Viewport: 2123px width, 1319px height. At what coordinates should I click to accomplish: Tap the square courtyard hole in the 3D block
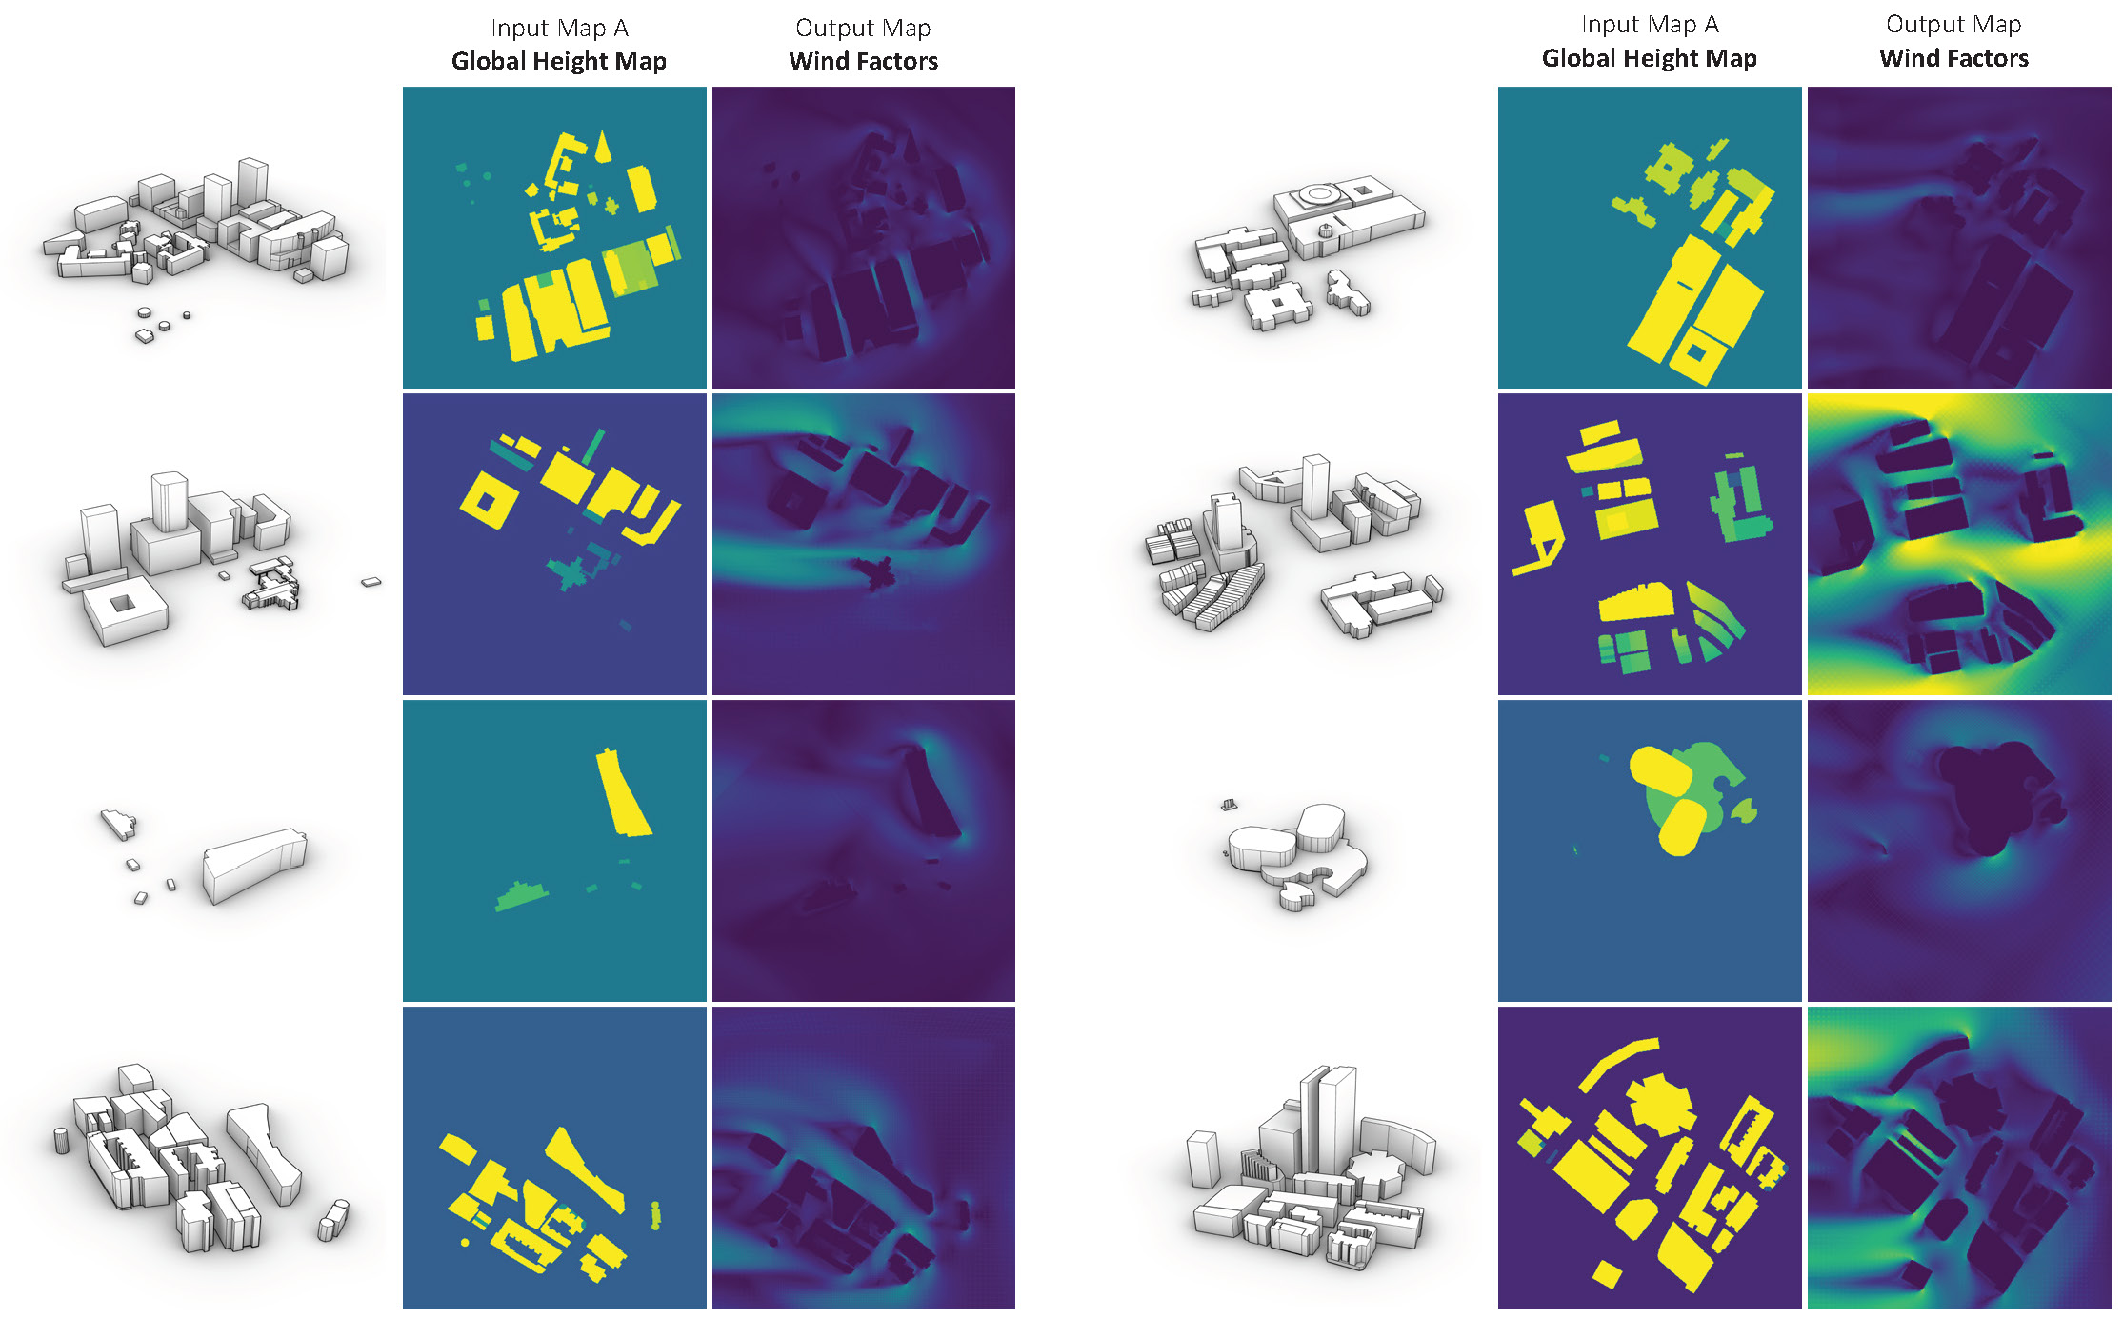122,603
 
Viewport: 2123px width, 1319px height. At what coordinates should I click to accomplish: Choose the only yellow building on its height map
623,792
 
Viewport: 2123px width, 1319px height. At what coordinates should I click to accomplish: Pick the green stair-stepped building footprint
520,895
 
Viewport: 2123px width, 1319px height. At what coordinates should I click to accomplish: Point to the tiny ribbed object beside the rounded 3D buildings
1231,805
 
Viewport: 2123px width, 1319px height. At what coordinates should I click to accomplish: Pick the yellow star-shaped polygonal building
1662,1106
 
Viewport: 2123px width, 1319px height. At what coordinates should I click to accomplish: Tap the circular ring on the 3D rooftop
1319,194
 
